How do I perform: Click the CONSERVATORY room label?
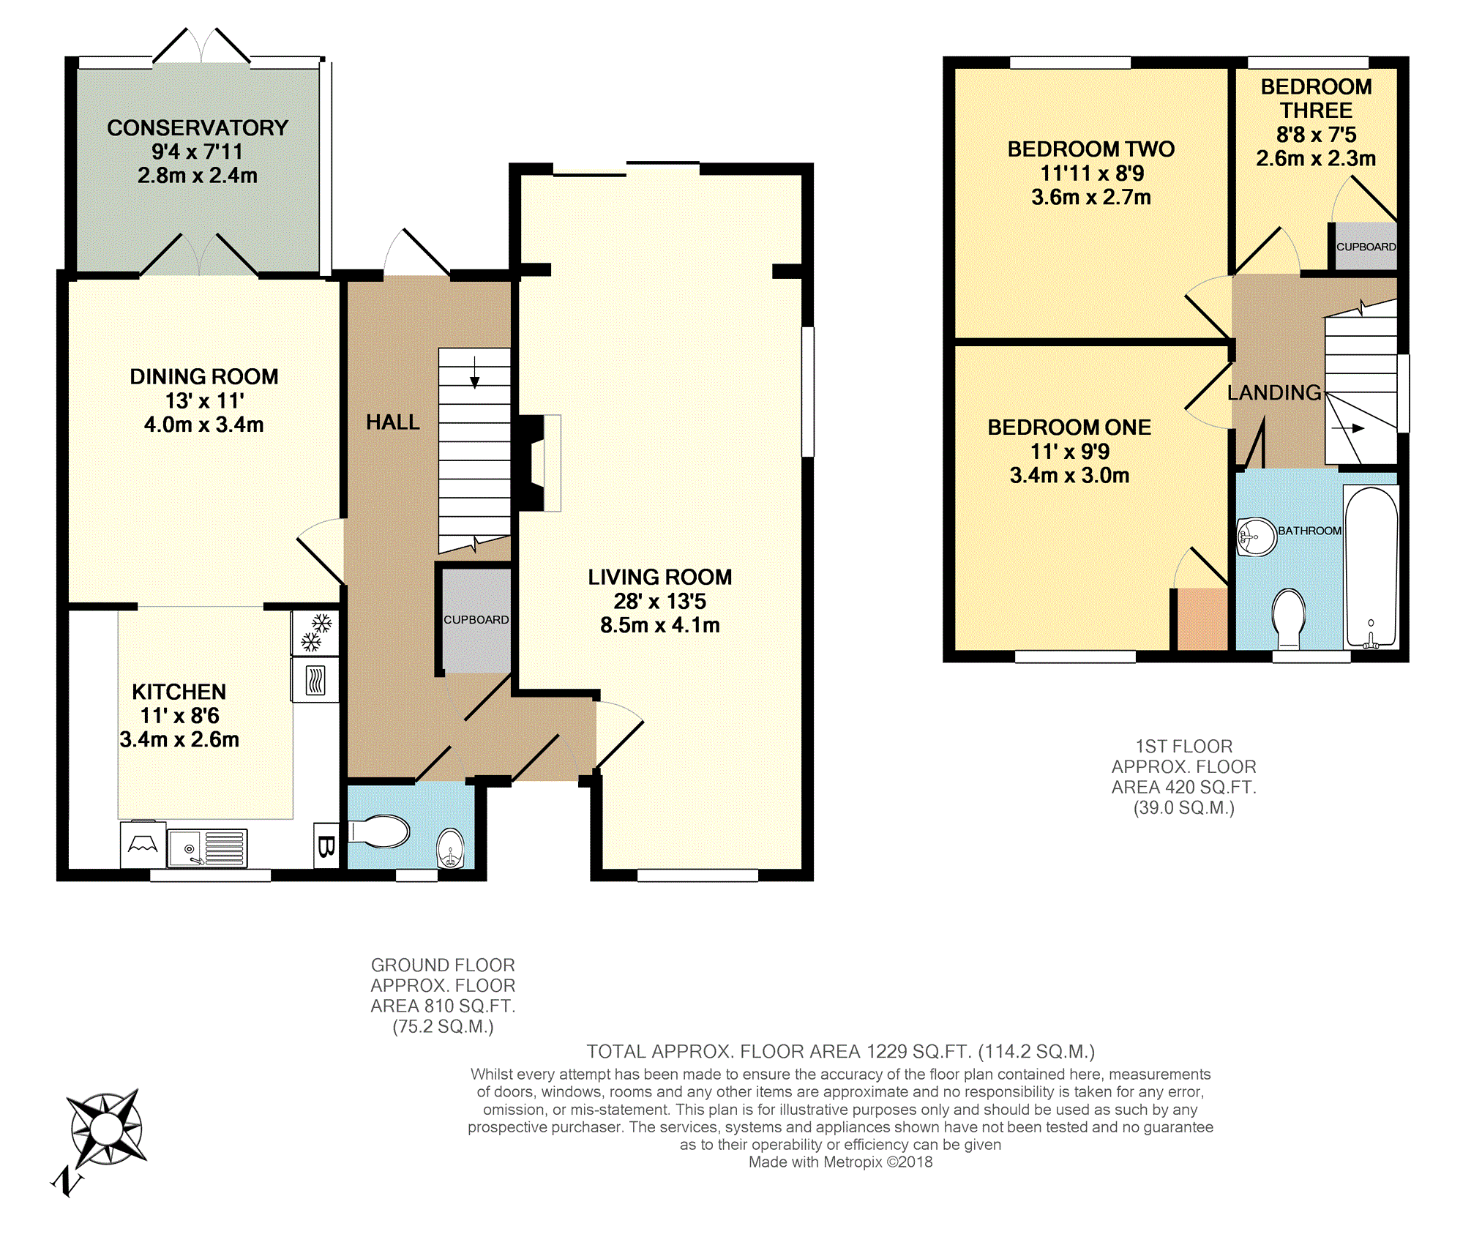(x=198, y=128)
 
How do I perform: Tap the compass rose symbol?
(x=106, y=1128)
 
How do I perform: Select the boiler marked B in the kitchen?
(x=326, y=846)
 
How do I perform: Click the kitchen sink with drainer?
(x=208, y=848)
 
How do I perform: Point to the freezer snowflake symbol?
(x=315, y=633)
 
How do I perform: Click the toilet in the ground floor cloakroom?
(x=379, y=831)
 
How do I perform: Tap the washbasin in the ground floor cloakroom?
(x=450, y=848)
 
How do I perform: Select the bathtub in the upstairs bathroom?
(x=1371, y=567)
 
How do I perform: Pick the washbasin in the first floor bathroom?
(x=1256, y=537)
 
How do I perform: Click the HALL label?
(x=393, y=422)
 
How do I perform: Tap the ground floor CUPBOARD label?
(x=476, y=619)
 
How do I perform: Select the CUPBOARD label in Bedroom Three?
(x=1366, y=247)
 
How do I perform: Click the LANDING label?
(x=1274, y=393)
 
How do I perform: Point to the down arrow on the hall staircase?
(x=474, y=372)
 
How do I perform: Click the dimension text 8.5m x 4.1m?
(x=660, y=625)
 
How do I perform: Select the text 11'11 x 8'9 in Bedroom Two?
(x=1092, y=173)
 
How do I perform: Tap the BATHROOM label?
(x=1310, y=531)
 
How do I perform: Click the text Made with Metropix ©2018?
(x=840, y=1162)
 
